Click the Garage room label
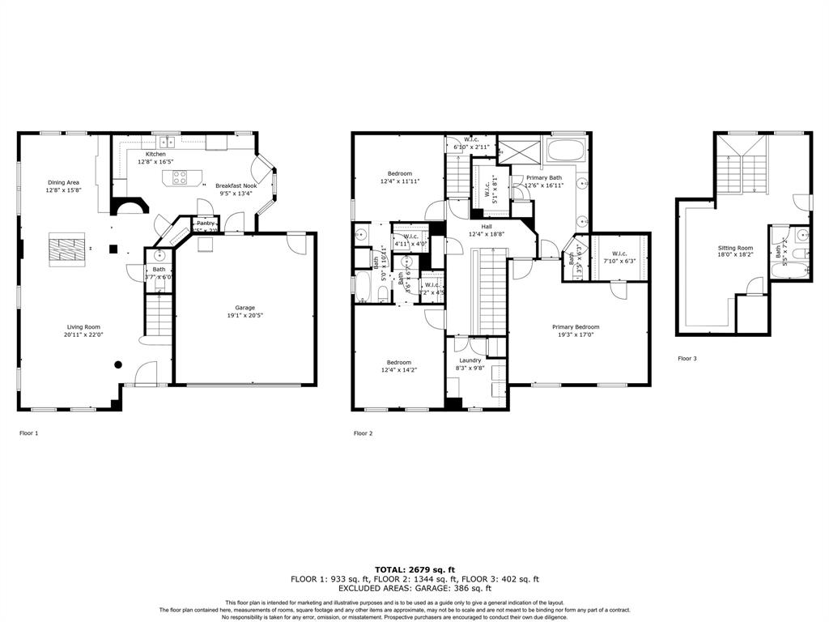244,308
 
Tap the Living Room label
84,326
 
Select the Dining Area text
62,182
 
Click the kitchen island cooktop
181,177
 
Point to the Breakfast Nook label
236,185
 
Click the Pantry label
205,223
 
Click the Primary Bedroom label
576,327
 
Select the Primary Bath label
543,177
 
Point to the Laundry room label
470,360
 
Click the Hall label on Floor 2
487,226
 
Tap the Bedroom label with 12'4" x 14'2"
398,362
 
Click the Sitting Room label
735,248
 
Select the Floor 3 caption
687,358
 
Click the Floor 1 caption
28,433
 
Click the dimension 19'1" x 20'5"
244,317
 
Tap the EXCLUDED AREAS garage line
414,589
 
